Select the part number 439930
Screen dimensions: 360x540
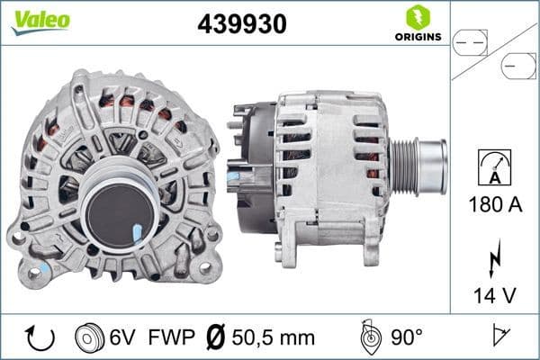tap(242, 24)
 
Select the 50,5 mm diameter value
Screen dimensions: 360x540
tap(273, 337)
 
